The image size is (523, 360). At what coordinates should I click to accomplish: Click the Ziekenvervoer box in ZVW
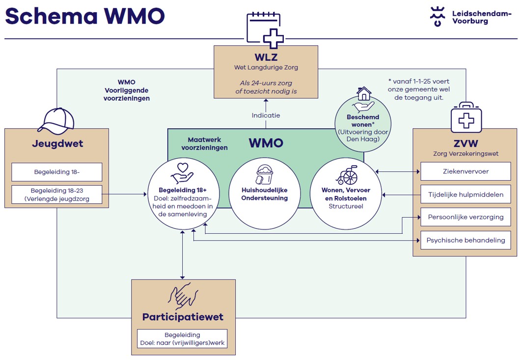click(465, 172)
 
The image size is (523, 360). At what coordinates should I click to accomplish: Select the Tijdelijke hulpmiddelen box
click(465, 194)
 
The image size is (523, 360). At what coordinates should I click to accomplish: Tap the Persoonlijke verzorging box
click(465, 217)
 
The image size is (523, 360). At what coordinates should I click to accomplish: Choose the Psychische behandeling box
click(465, 240)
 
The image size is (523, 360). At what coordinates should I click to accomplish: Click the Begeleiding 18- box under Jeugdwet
click(56, 172)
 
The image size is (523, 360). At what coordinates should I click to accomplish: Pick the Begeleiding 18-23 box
click(56, 194)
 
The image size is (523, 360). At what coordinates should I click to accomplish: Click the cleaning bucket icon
click(264, 175)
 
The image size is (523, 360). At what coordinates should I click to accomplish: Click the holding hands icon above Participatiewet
click(183, 295)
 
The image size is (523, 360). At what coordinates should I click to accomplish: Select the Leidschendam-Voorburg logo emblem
click(437, 16)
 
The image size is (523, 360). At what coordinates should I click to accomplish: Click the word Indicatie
click(266, 115)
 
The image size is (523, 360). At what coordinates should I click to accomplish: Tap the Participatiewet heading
click(183, 317)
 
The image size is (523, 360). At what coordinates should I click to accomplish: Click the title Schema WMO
click(85, 16)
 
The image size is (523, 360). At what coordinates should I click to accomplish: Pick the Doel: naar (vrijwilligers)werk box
click(182, 338)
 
